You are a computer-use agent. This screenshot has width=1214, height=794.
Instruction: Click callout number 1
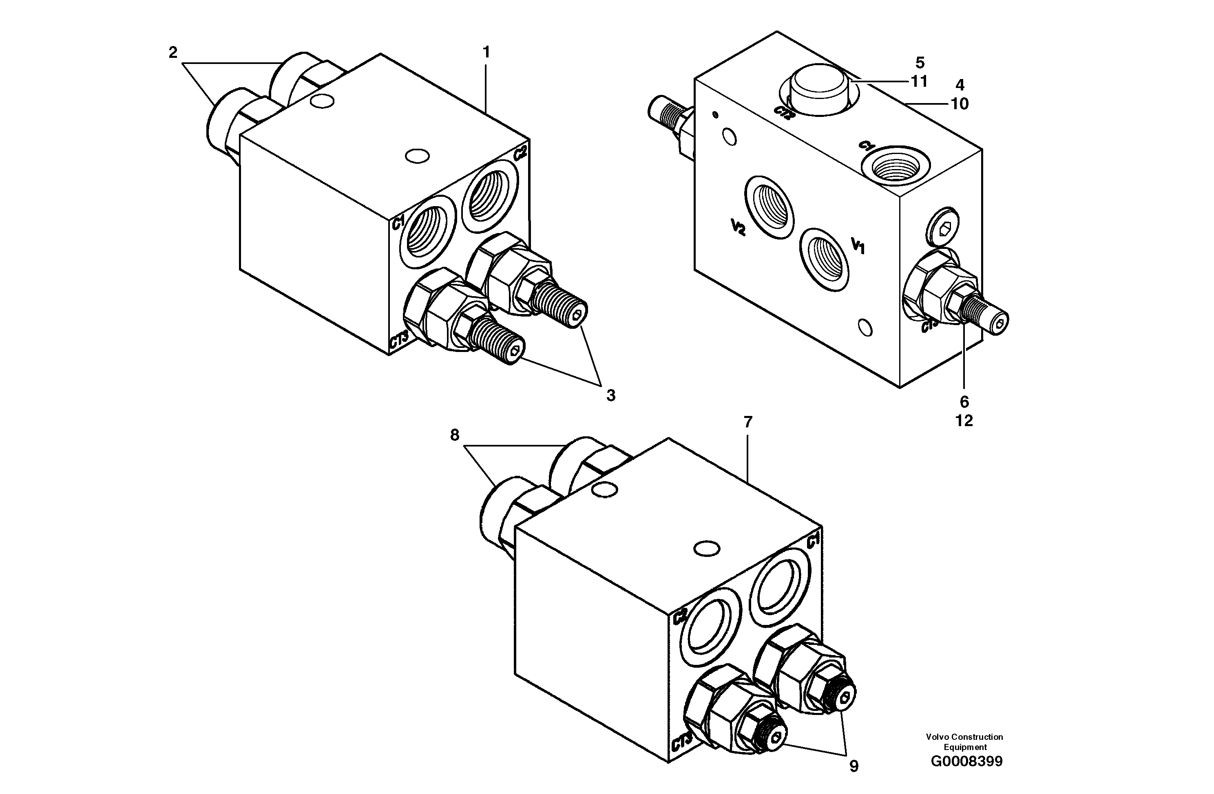coord(486,52)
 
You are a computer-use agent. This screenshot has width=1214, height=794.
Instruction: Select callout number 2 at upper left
coord(173,52)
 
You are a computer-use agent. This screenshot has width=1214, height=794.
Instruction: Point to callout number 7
coord(748,422)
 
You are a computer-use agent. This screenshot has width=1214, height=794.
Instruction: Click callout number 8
coord(454,435)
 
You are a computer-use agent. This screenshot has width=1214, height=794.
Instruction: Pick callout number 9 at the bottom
coord(854,766)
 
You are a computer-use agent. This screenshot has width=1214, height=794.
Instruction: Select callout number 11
coord(919,81)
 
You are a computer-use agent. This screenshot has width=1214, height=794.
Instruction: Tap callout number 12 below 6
coord(964,420)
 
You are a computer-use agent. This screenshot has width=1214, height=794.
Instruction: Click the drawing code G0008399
coord(966,761)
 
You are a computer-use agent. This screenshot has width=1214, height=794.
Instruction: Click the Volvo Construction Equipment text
coord(964,742)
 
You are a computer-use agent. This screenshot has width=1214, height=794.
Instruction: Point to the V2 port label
coord(738,227)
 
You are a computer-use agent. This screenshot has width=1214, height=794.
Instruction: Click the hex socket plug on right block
coord(942,230)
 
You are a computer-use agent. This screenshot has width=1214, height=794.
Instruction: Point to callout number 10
coord(960,103)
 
